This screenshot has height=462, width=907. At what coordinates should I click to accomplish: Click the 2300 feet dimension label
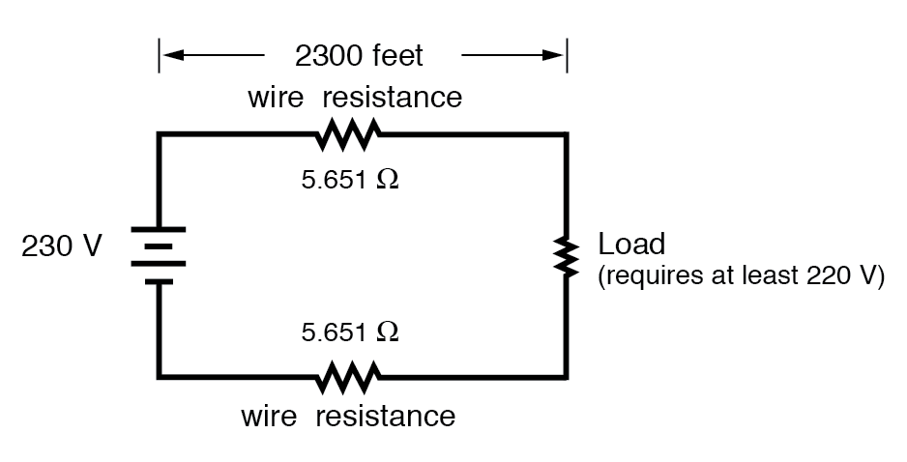click(359, 56)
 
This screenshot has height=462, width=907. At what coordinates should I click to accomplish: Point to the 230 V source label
click(61, 247)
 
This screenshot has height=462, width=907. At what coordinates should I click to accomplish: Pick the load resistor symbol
click(566, 255)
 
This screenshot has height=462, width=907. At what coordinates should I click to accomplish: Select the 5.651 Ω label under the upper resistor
click(349, 181)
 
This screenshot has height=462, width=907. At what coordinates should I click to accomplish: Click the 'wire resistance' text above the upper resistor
click(354, 98)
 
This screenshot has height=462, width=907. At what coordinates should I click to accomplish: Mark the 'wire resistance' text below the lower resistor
click(347, 417)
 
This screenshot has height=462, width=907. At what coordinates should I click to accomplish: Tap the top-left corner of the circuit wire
click(160, 135)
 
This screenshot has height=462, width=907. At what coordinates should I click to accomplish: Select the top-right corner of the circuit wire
click(566, 135)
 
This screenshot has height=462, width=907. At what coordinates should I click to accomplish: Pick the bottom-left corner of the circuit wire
click(160, 375)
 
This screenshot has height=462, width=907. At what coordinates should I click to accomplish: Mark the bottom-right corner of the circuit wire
click(566, 375)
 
